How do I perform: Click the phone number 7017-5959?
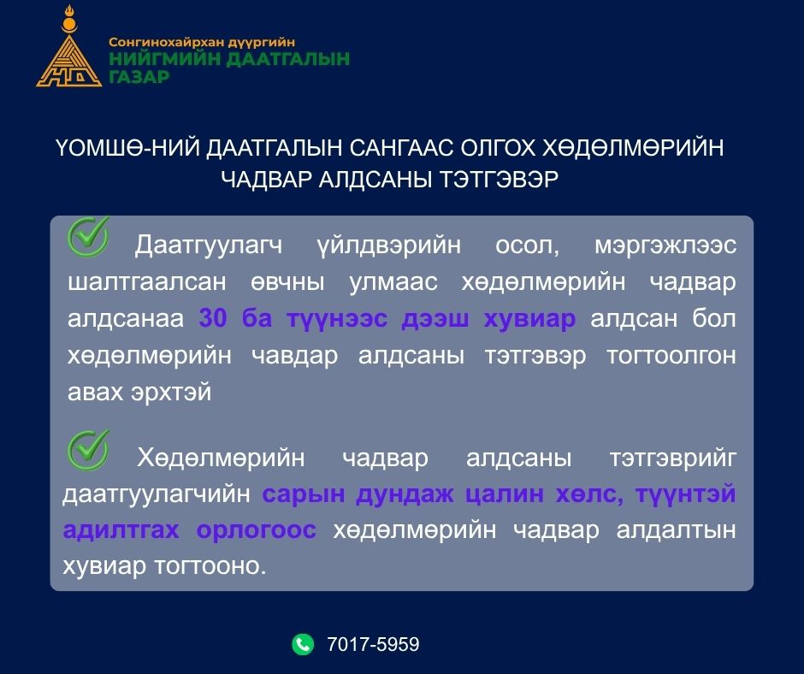pyautogui.click(x=373, y=644)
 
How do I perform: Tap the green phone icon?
pyautogui.click(x=303, y=644)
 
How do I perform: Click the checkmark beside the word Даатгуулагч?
pyautogui.click(x=88, y=236)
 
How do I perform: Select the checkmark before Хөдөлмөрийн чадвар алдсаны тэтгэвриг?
pyautogui.click(x=88, y=450)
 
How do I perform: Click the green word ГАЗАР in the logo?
pyautogui.click(x=139, y=78)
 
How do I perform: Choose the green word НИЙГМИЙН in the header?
pyautogui.click(x=164, y=59)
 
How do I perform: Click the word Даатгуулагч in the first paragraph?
pyautogui.click(x=208, y=245)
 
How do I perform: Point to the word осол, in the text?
pyautogui.click(x=527, y=245)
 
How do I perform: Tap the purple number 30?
pyautogui.click(x=213, y=318)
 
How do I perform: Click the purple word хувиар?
pyautogui.click(x=529, y=319)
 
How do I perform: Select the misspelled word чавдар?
pyautogui.click(x=295, y=356)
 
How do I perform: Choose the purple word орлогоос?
pyautogui.click(x=257, y=530)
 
